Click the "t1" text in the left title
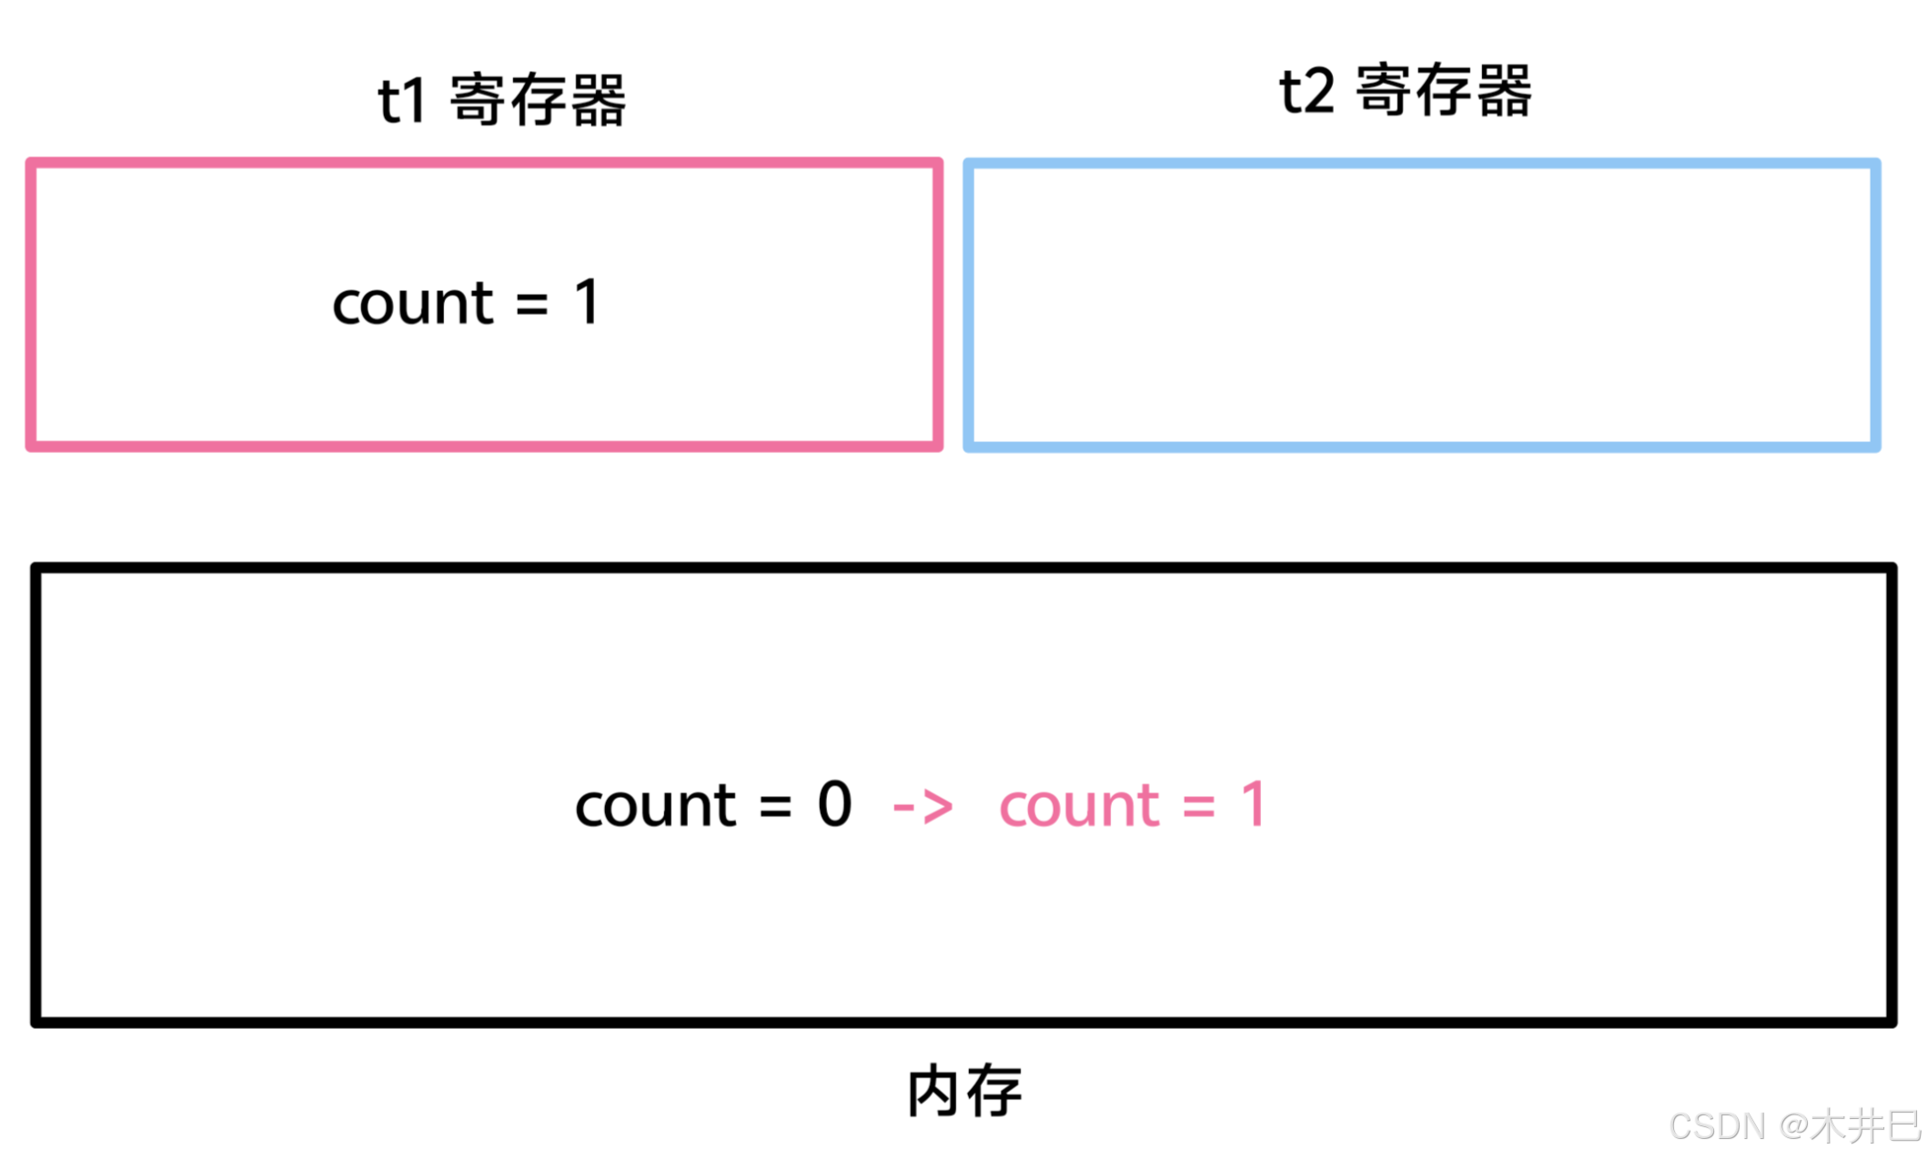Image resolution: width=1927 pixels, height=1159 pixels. [401, 101]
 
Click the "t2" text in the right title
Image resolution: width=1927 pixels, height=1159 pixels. [1307, 92]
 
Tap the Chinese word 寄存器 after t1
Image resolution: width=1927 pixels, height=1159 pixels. [538, 100]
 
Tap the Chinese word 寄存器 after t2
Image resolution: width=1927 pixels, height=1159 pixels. [1444, 91]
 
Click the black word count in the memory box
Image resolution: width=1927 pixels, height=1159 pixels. [655, 806]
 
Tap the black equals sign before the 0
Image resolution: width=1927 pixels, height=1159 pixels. [775, 807]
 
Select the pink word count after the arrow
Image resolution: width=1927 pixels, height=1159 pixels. [1079, 806]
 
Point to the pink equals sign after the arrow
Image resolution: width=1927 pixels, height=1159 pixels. [1199, 807]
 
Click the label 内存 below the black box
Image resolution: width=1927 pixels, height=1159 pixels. [964, 1091]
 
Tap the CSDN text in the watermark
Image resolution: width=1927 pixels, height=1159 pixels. [1717, 1126]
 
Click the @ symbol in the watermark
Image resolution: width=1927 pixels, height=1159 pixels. [1792, 1126]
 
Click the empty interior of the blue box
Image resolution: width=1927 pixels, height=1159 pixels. [1421, 305]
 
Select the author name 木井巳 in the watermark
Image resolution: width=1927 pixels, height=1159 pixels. [1864, 1126]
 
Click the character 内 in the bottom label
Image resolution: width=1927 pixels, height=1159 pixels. [933, 1091]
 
